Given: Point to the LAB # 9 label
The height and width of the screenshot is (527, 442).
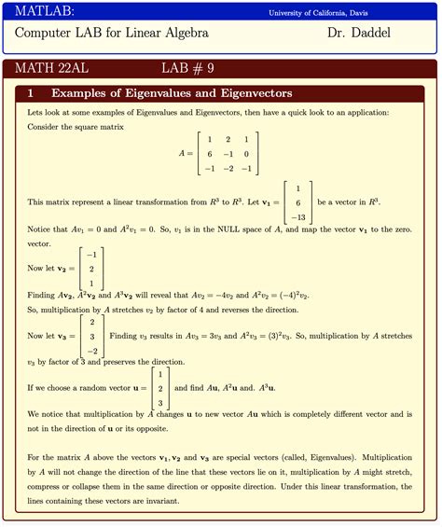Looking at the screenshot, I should click(187, 69).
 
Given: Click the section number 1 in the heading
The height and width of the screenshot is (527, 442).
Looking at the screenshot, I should click(32, 94).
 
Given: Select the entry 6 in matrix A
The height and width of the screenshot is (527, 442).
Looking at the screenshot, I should click(210, 154).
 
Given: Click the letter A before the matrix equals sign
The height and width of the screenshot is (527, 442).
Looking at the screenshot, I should click(183, 154).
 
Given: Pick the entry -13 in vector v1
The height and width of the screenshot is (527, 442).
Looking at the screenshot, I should click(297, 217).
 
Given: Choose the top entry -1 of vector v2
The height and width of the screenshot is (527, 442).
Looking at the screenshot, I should click(91, 254).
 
